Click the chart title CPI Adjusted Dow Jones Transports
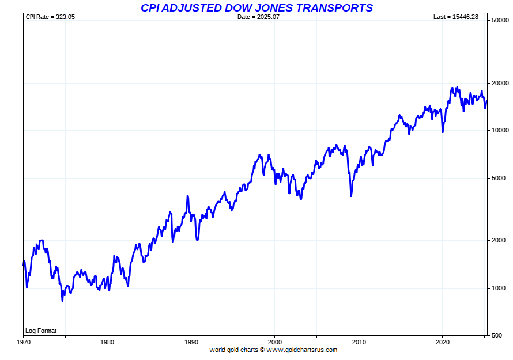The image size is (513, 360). [x=256, y=7]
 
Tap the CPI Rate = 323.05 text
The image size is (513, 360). [x=51, y=17]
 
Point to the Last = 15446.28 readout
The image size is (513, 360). [x=455, y=17]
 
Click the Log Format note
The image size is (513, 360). [x=41, y=331]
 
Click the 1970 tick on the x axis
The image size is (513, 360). [x=24, y=342]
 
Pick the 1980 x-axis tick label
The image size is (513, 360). [x=107, y=342]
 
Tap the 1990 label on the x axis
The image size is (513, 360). [x=191, y=342]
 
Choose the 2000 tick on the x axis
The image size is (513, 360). [x=275, y=342]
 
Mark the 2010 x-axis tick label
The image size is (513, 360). [x=359, y=342]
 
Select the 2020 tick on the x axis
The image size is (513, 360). [x=442, y=342]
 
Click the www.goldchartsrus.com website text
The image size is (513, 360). [x=301, y=350]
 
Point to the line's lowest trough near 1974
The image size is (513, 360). [x=62, y=301]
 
